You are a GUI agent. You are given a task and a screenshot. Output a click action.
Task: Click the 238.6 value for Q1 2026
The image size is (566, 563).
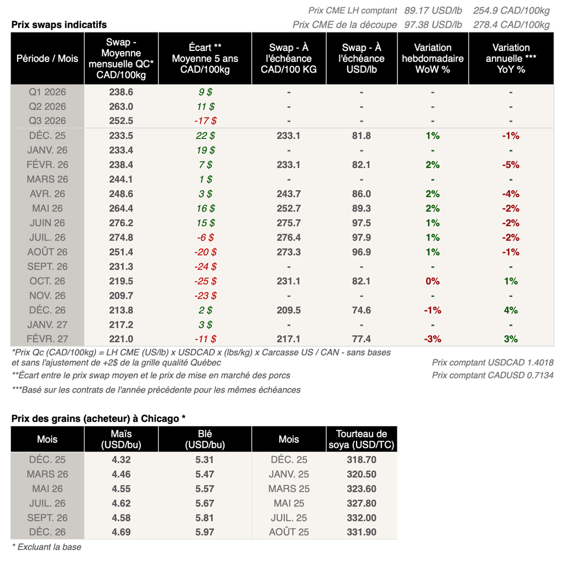pyautogui.click(x=121, y=92)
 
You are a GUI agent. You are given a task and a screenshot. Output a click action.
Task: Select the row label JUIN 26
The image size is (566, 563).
pyautogui.click(x=48, y=223)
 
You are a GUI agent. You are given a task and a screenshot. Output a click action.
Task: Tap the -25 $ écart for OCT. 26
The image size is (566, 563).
pyautogui.click(x=205, y=281)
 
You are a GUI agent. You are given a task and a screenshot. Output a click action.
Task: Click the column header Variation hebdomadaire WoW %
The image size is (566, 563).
pyautogui.click(x=432, y=58)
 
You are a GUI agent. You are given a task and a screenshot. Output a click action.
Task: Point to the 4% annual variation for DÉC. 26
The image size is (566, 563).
pyautogui.click(x=510, y=310)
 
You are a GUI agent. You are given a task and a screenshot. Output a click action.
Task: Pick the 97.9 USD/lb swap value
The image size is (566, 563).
pyautogui.click(x=361, y=237)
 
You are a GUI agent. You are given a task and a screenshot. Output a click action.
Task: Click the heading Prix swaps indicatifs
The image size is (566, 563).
pyautogui.click(x=59, y=24)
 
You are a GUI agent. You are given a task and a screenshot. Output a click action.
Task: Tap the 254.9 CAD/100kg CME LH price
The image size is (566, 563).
pyautogui.click(x=511, y=11)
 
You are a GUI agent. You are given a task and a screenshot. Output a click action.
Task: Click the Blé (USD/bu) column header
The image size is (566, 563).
pyautogui.click(x=205, y=440)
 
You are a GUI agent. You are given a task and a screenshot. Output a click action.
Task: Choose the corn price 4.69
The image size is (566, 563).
pyautogui.click(x=121, y=532)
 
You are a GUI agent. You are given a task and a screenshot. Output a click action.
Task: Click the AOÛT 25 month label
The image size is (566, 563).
pyautogui.click(x=289, y=532)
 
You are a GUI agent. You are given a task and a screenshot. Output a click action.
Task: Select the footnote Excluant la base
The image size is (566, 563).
pyautogui.click(x=47, y=547)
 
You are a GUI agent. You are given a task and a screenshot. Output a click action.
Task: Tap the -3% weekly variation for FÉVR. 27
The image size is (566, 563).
pyautogui.click(x=432, y=339)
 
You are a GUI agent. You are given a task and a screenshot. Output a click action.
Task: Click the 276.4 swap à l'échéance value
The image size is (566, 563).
pyautogui.click(x=289, y=237)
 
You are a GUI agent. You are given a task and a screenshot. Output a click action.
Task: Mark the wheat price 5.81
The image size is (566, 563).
pyautogui.click(x=205, y=518)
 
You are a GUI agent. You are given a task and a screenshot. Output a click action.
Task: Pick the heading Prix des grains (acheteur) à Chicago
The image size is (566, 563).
pyautogui.click(x=98, y=418)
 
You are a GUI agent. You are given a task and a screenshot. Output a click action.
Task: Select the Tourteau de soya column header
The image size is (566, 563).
pyautogui.click(x=361, y=440)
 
